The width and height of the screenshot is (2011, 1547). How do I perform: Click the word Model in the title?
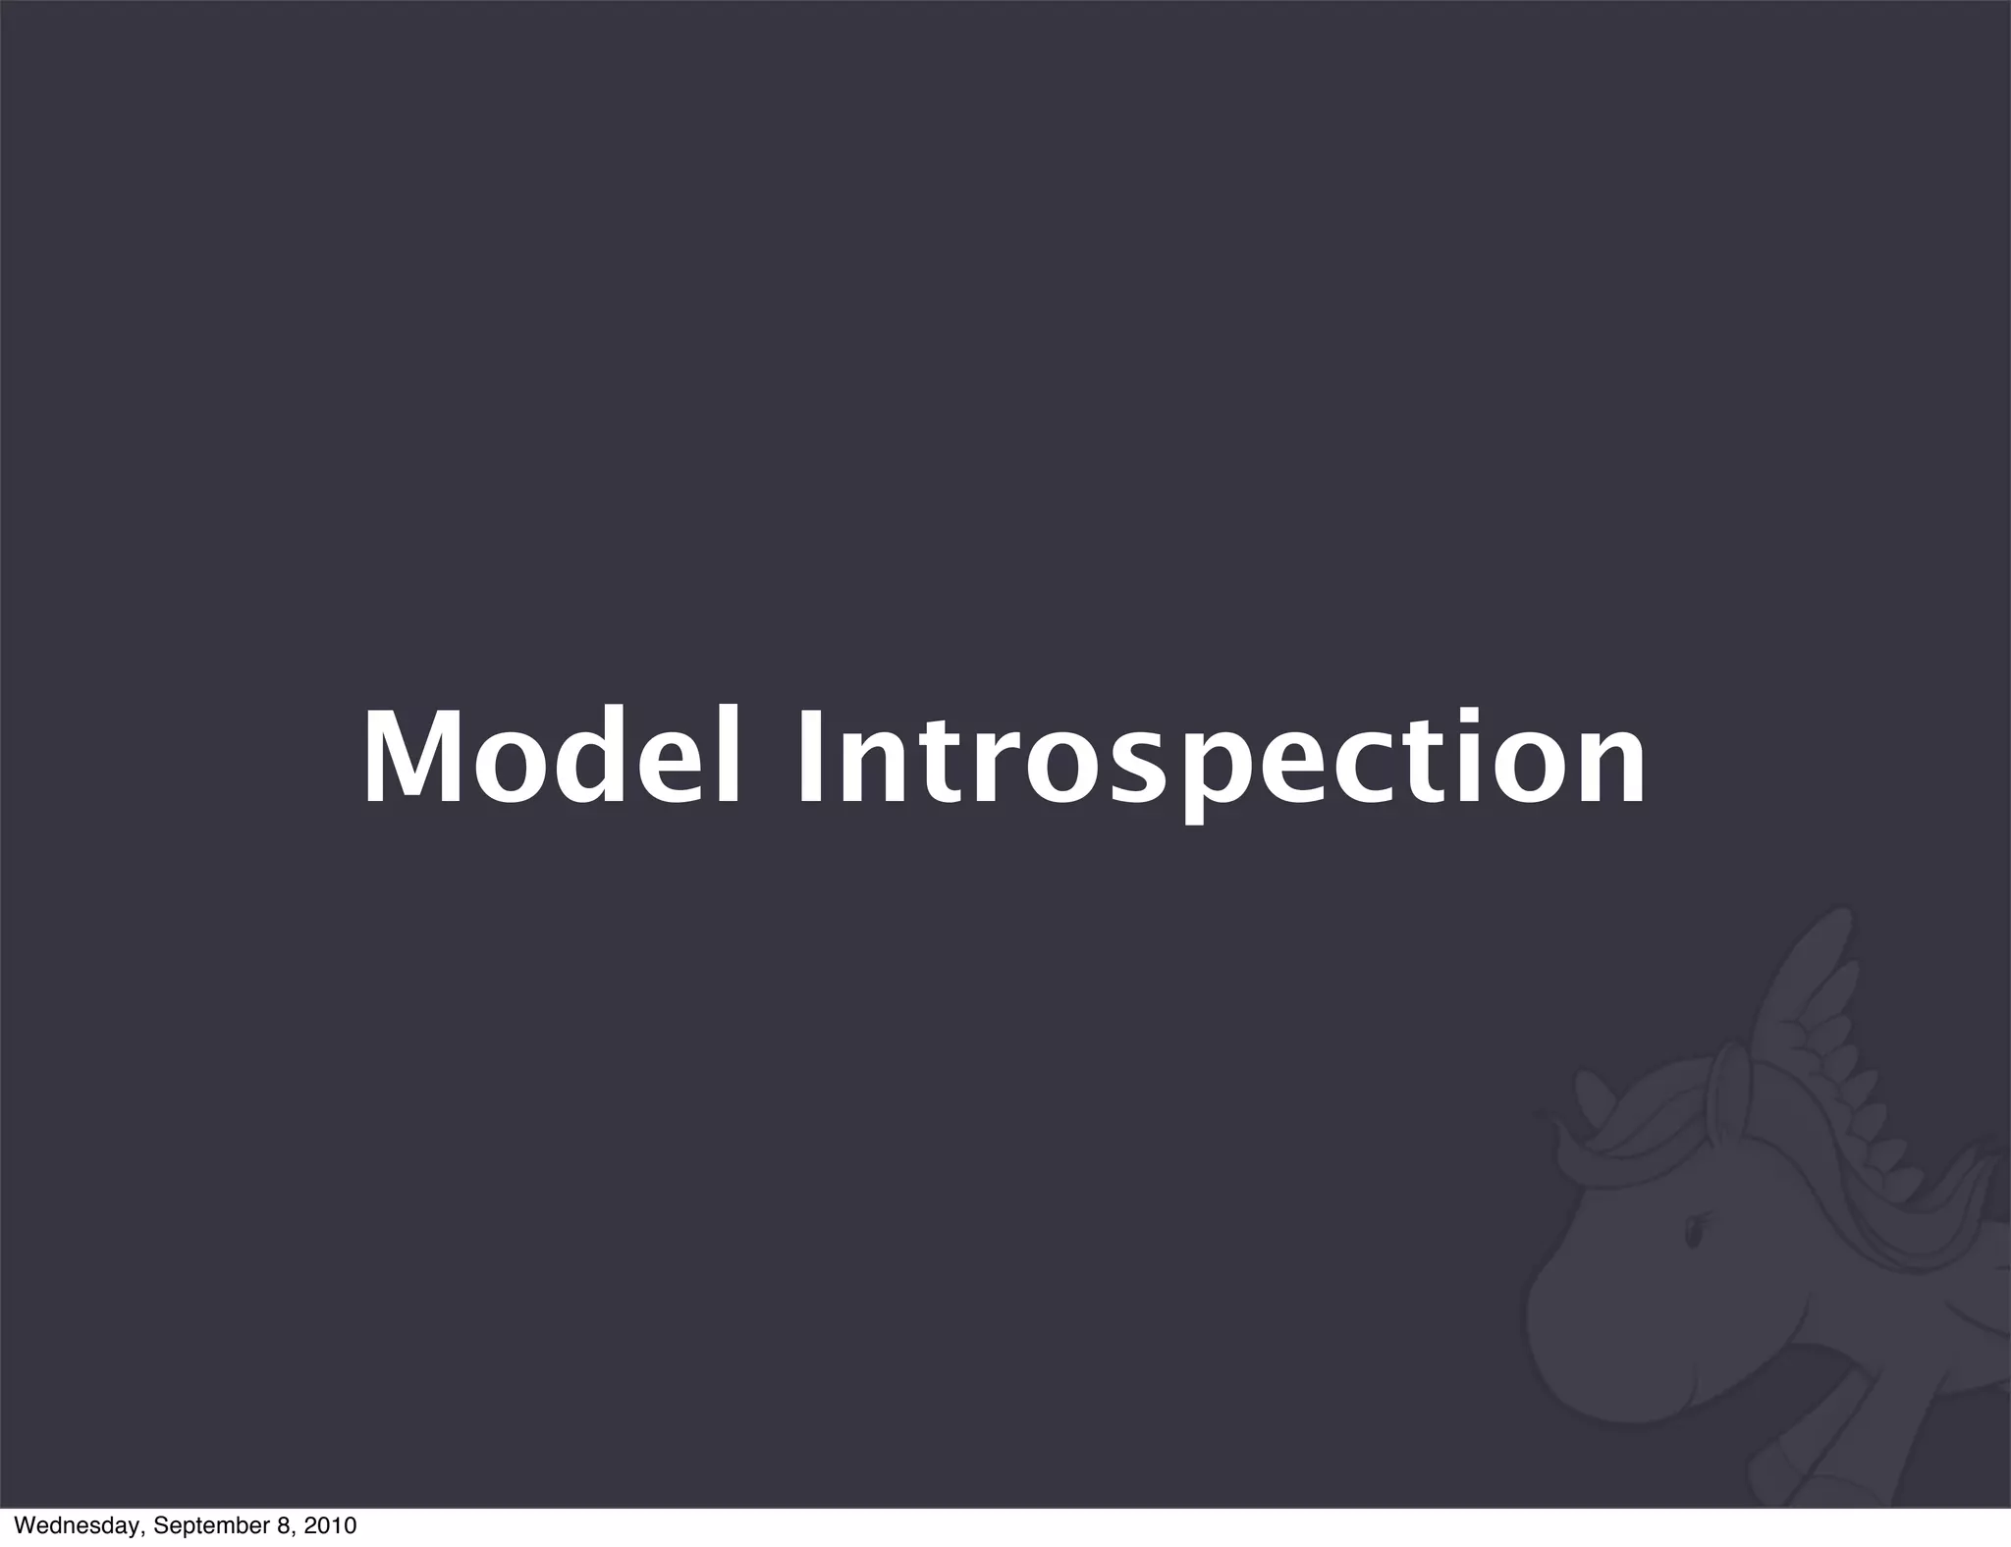click(x=550, y=758)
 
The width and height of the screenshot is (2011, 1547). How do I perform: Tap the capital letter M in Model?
click(x=416, y=758)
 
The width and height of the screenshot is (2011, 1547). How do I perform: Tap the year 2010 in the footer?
click(x=330, y=1526)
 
